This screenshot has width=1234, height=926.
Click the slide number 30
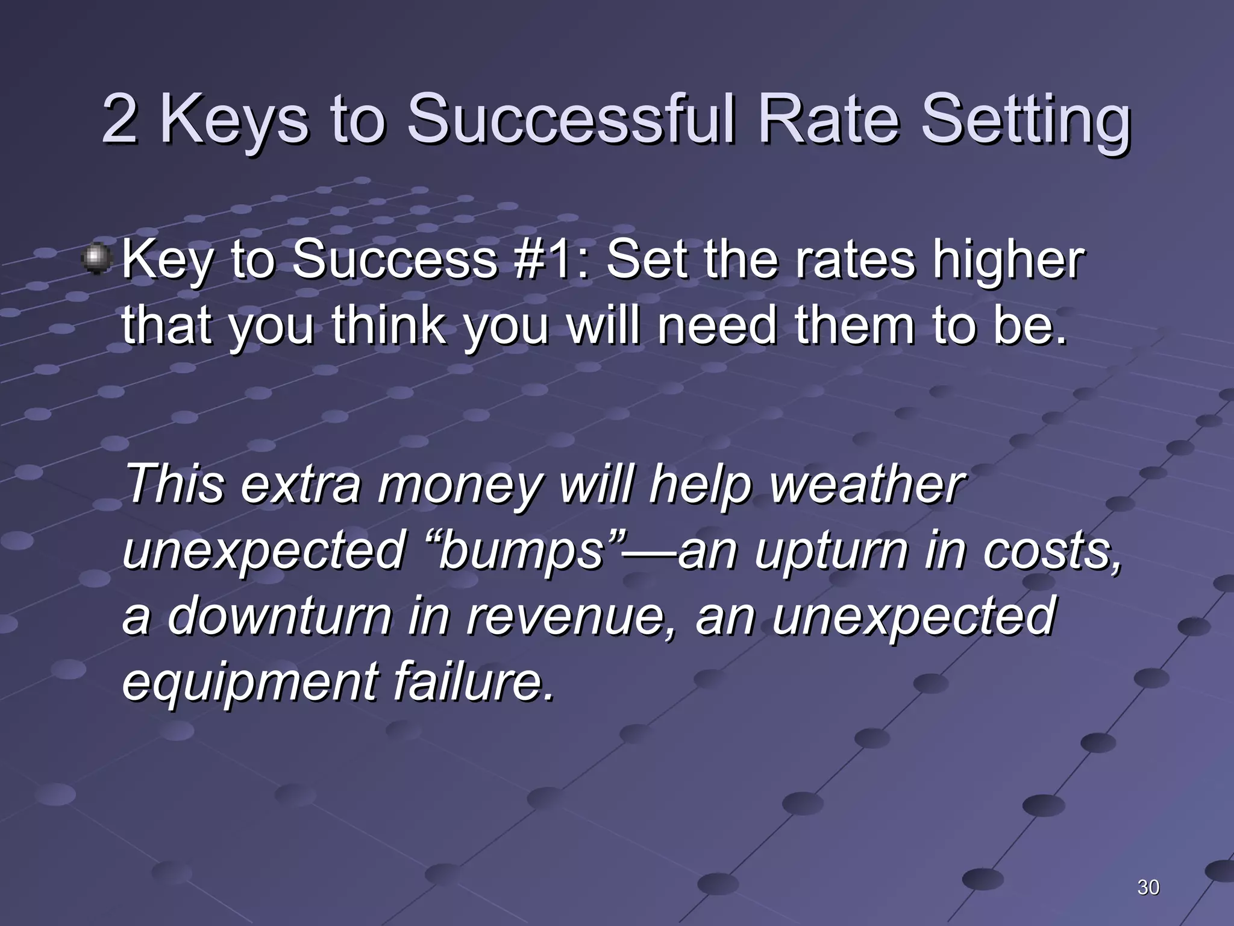click(1148, 887)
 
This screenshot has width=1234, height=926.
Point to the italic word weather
click(868, 485)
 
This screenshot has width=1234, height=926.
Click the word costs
click(1051, 551)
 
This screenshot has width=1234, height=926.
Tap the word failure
click(473, 682)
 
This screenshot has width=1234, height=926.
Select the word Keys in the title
click(235, 121)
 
